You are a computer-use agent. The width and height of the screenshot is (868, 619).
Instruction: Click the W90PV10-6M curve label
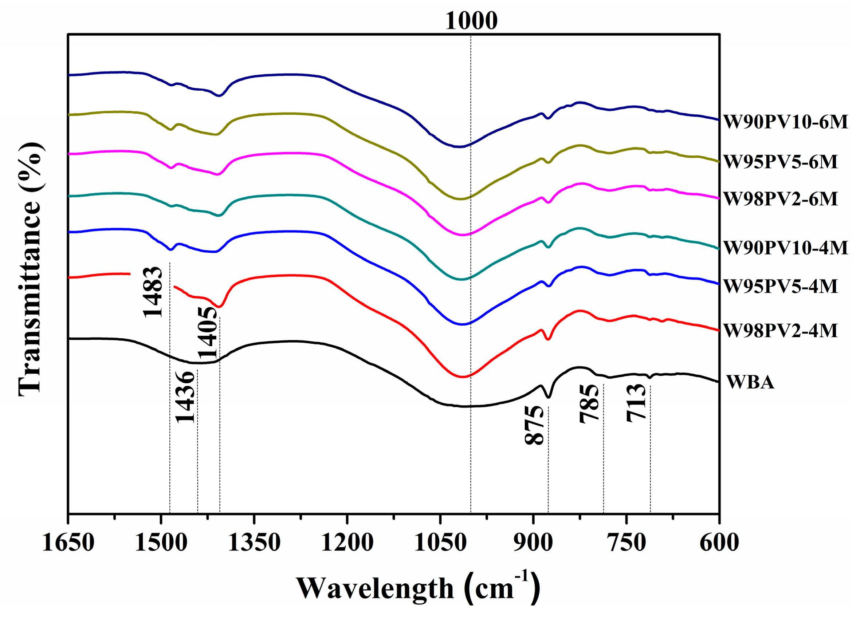point(785,122)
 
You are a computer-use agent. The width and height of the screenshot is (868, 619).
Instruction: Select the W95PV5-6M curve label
point(780,162)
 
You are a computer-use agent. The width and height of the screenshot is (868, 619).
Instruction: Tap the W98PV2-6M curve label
point(780,199)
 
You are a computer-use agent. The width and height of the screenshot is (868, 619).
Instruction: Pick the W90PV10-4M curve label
point(785,248)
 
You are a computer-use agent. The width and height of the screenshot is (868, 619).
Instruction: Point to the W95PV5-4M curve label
point(780,286)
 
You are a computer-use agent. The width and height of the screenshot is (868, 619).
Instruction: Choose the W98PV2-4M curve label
point(780,331)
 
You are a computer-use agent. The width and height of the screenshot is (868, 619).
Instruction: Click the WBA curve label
point(750,382)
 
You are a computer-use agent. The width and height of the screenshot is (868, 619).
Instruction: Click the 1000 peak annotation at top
point(471,21)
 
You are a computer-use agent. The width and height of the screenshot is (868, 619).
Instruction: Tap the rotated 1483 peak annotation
point(153,292)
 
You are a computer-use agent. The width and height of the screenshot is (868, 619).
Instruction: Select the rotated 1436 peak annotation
point(186,397)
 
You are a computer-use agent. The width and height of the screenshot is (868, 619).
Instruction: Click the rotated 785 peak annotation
point(589,404)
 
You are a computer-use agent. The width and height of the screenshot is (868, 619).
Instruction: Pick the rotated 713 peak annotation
point(636,402)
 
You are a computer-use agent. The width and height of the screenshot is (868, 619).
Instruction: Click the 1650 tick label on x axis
point(68,543)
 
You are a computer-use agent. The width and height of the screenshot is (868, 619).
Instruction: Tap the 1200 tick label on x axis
point(347,543)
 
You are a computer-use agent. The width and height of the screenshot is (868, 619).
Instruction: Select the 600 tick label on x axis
point(719,543)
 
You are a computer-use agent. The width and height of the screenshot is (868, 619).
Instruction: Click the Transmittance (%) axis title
point(31,269)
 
